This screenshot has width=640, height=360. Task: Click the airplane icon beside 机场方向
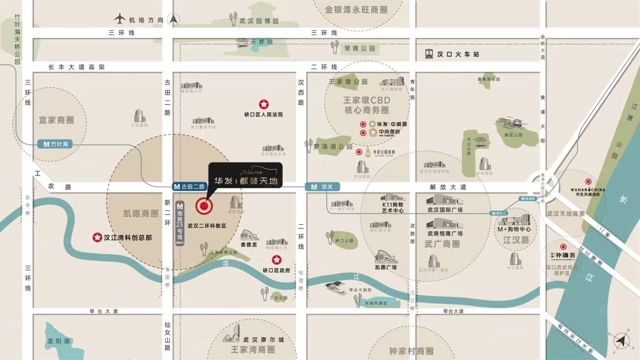click(x=120, y=19)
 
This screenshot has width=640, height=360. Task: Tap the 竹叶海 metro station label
click(x=55, y=144)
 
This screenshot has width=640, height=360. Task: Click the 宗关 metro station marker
click(x=322, y=186)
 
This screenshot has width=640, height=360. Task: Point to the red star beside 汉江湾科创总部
click(x=97, y=237)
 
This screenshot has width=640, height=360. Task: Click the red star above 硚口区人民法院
click(x=264, y=105)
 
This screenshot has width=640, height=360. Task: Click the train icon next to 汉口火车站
click(x=429, y=54)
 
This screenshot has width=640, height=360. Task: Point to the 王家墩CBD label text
click(x=367, y=101)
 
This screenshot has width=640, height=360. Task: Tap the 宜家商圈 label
click(x=56, y=120)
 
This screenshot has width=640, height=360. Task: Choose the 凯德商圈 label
click(x=141, y=213)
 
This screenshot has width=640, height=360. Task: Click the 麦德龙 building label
click(x=249, y=244)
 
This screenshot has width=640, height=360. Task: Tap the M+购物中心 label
click(x=515, y=229)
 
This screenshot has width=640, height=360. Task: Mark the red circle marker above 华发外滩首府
click(x=588, y=182)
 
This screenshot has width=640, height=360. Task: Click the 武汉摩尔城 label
click(x=263, y=340)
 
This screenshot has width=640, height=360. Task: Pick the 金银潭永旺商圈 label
click(x=356, y=10)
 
